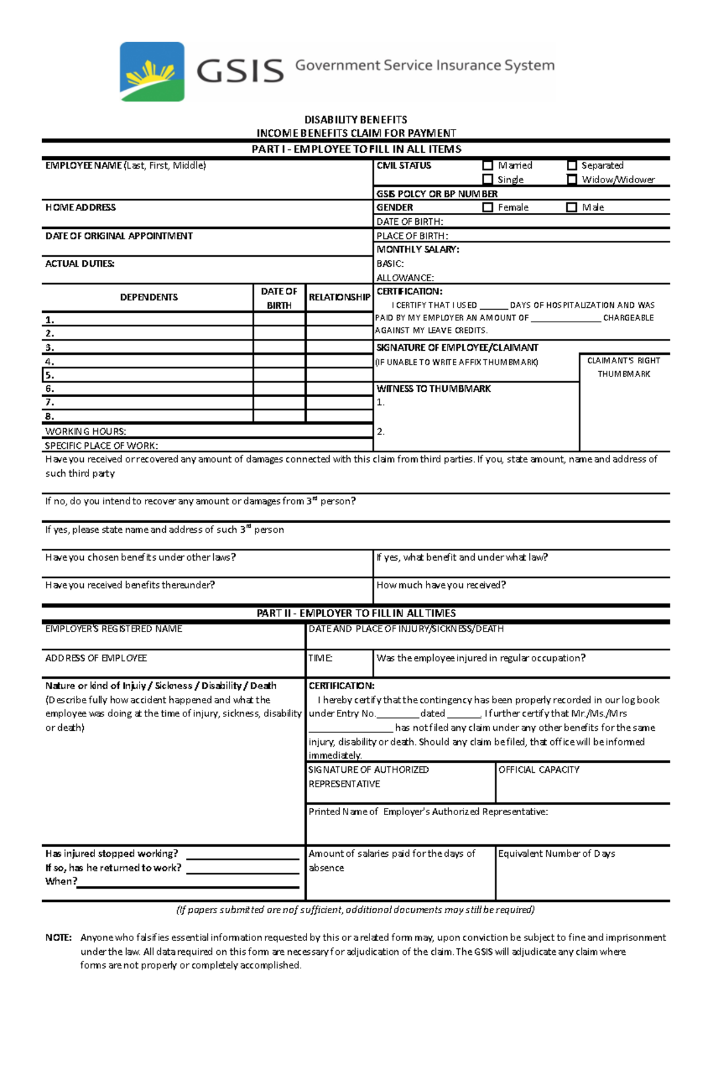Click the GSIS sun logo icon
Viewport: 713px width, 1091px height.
click(x=152, y=71)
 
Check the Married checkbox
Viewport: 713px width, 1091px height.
click(x=488, y=165)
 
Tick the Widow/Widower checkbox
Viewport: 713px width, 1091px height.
click(x=572, y=180)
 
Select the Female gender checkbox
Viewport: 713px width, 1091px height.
click(x=488, y=207)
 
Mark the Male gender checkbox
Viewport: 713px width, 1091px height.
click(x=572, y=207)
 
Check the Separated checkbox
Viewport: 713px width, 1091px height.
click(x=572, y=165)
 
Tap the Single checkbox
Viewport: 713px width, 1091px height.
click(x=488, y=180)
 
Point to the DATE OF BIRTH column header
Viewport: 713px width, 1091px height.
click(x=279, y=298)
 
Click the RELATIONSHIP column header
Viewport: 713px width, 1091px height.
click(x=339, y=297)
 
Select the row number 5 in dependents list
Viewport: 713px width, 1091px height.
click(x=50, y=375)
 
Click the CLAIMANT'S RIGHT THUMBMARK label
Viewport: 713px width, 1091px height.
click(x=623, y=367)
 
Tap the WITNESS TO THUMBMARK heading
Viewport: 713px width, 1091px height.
click(x=434, y=389)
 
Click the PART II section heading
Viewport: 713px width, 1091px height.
click(x=356, y=613)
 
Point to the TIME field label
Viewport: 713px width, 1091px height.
click(x=320, y=658)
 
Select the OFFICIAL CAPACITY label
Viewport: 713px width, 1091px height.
click(x=538, y=770)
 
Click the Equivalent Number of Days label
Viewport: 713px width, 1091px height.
click(x=556, y=854)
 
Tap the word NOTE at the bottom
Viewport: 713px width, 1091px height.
click(x=58, y=938)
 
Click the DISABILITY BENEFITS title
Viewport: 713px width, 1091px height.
click(x=356, y=120)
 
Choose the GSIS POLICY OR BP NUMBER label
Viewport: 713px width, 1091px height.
click(x=437, y=194)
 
